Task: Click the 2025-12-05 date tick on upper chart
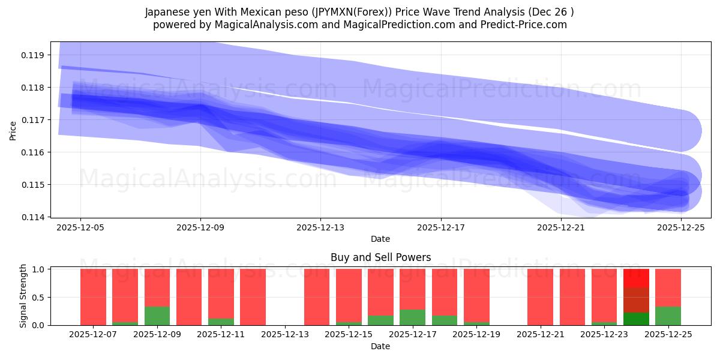(80, 227)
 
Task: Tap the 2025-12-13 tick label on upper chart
(320, 227)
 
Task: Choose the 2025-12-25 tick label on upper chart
(681, 227)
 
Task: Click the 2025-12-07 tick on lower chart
(93, 335)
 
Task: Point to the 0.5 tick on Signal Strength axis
(37, 298)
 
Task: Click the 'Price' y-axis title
(13, 130)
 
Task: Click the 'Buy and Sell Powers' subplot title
(380, 257)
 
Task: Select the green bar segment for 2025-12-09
(157, 316)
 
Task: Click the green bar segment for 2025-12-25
(668, 316)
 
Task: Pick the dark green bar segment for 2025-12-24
(636, 319)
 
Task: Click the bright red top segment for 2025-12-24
(636, 278)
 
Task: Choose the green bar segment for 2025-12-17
(412, 317)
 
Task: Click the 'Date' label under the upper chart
(380, 239)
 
